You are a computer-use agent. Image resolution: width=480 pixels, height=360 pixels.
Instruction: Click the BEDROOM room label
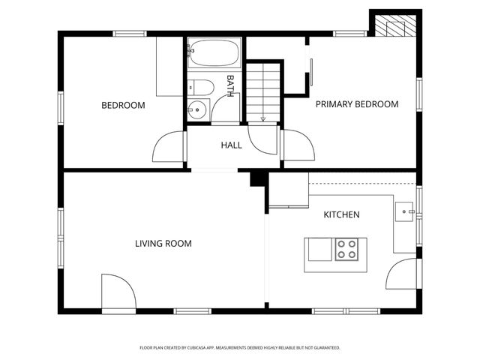pos(123,105)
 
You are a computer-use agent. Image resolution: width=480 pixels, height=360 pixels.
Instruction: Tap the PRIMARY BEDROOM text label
pos(356,104)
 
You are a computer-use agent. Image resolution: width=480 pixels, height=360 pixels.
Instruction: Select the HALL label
pos(231,145)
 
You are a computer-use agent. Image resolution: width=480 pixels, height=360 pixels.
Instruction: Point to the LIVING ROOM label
pos(163,243)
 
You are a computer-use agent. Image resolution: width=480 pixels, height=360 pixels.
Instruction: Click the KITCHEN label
pos(341,214)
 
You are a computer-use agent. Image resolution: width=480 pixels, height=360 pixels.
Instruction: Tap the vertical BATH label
pos(230,85)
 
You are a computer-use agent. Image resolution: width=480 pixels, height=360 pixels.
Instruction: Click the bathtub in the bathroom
pos(214,53)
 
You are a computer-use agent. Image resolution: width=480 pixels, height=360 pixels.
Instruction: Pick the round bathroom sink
pos(196,109)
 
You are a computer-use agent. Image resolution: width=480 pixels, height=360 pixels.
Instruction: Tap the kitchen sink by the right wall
pos(406,211)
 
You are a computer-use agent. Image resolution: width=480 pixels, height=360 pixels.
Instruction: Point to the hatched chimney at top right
pos(394,26)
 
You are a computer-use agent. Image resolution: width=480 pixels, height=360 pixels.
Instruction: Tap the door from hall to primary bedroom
pos(298,145)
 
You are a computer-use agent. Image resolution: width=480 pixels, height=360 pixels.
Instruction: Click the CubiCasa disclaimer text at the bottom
pos(240,347)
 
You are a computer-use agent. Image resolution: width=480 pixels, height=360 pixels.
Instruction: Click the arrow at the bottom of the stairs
pos(262,118)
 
